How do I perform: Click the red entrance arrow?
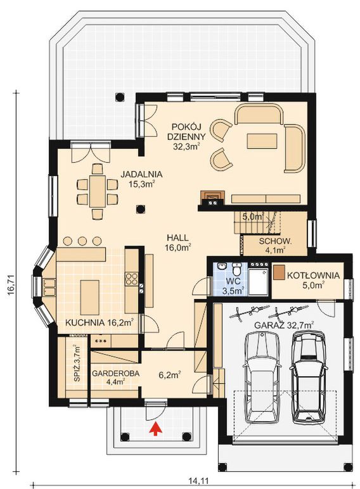pos(156,428)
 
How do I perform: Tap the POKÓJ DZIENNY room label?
pos(186,137)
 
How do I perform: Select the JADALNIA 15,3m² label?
pos(142,179)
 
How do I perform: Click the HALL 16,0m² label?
pos(177,243)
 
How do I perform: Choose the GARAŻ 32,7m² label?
pos(284,325)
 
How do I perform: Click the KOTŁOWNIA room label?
pos(313,276)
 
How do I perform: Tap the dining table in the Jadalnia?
pos(98,191)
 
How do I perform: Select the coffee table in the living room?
pos(262,141)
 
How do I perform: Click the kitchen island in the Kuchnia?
pos(90,297)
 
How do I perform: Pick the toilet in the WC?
pos(237,268)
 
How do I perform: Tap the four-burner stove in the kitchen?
pos(132,279)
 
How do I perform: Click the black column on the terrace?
pos(119,97)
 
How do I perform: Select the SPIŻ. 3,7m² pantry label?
pos(77,363)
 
